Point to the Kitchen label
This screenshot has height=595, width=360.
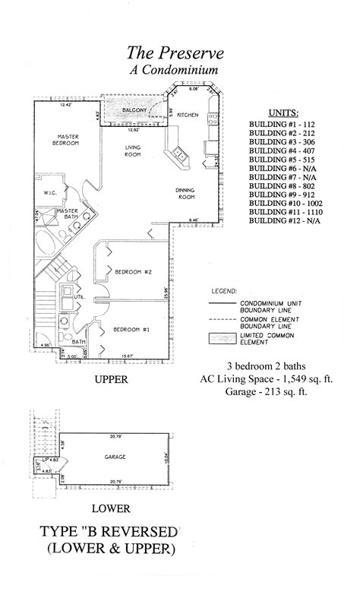pyautogui.click(x=188, y=115)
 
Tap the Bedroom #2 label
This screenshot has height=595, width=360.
pyautogui.click(x=134, y=271)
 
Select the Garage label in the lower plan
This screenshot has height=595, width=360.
pyautogui.click(x=115, y=456)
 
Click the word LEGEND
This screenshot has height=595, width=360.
pyautogui.click(x=224, y=291)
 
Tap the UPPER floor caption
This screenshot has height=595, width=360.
pyautogui.click(x=110, y=378)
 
